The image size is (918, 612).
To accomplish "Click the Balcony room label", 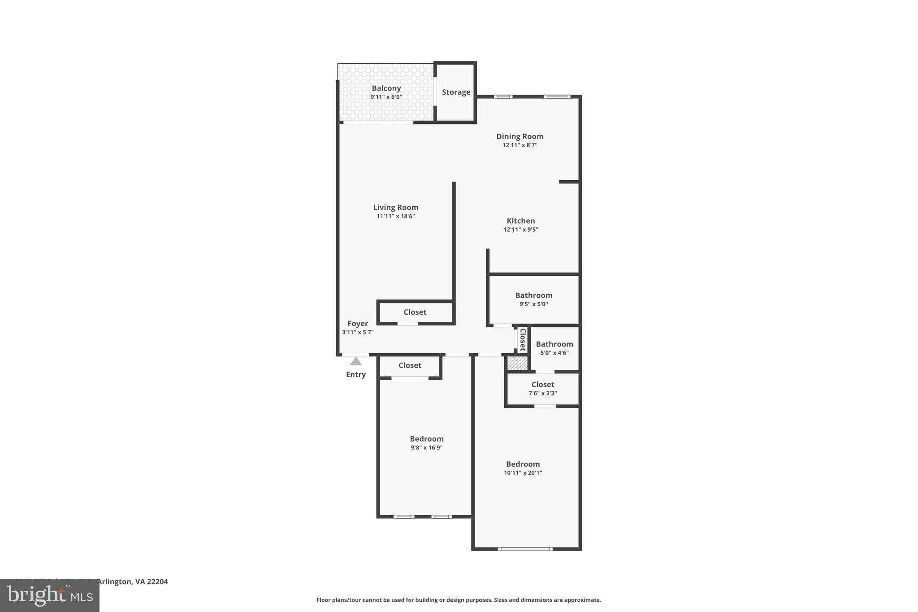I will (386, 88).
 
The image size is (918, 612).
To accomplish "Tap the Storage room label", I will (456, 92).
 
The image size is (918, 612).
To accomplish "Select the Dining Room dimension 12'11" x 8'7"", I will (520, 145).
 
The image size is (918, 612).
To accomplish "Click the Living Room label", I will (395, 207).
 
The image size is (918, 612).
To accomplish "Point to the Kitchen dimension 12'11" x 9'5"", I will (520, 230).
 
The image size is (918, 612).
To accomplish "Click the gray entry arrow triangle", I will (355, 361).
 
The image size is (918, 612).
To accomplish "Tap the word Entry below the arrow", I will (355, 374).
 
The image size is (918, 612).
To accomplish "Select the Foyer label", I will (358, 323).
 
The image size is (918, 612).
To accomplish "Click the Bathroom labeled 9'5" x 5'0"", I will (533, 295).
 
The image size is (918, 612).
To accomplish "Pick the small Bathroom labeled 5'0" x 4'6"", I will (554, 344).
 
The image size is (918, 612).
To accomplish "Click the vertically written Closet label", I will (522, 339).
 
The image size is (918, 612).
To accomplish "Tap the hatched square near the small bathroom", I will (517, 363).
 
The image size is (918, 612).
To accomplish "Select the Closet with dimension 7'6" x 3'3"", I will (542, 385).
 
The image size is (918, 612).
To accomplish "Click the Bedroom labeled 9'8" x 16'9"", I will (426, 439).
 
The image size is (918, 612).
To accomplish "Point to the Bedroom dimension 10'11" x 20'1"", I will (523, 473).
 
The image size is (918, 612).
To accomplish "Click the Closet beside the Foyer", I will (415, 312).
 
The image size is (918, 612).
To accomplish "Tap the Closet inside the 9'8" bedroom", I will (410, 365).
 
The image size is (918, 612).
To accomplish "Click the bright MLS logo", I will (50, 595).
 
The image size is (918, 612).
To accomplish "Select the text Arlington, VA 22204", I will (132, 582).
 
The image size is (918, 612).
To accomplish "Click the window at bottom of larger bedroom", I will (525, 549).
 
